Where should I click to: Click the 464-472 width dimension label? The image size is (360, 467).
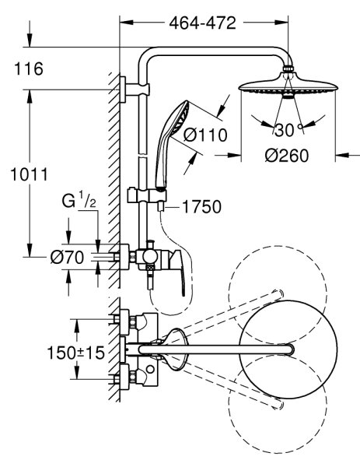click(203, 23)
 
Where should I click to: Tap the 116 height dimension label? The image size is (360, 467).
click(29, 68)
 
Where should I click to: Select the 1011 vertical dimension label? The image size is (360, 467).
click(29, 174)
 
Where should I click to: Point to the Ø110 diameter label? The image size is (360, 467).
click(205, 135)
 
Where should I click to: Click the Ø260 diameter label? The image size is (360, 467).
click(287, 156)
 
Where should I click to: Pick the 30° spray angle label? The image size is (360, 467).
click(288, 130)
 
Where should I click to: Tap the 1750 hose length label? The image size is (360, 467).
click(201, 207)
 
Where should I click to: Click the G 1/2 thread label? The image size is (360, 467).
click(79, 201)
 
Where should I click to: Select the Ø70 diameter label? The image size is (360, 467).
click(67, 257)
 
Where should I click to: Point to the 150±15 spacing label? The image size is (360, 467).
click(76, 353)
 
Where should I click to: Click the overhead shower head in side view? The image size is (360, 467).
click(288, 85)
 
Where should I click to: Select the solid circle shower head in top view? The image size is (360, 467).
click(288, 349)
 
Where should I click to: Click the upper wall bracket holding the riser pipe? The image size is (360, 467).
click(135, 90)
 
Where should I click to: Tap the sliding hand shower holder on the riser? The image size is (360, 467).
click(147, 196)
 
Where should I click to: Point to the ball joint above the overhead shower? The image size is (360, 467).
click(288, 68)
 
